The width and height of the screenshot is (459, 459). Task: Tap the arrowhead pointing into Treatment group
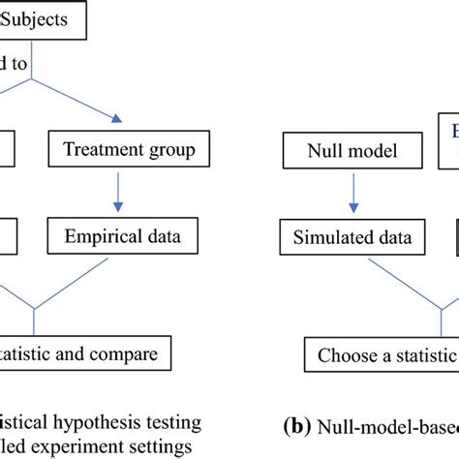[x=116, y=119]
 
